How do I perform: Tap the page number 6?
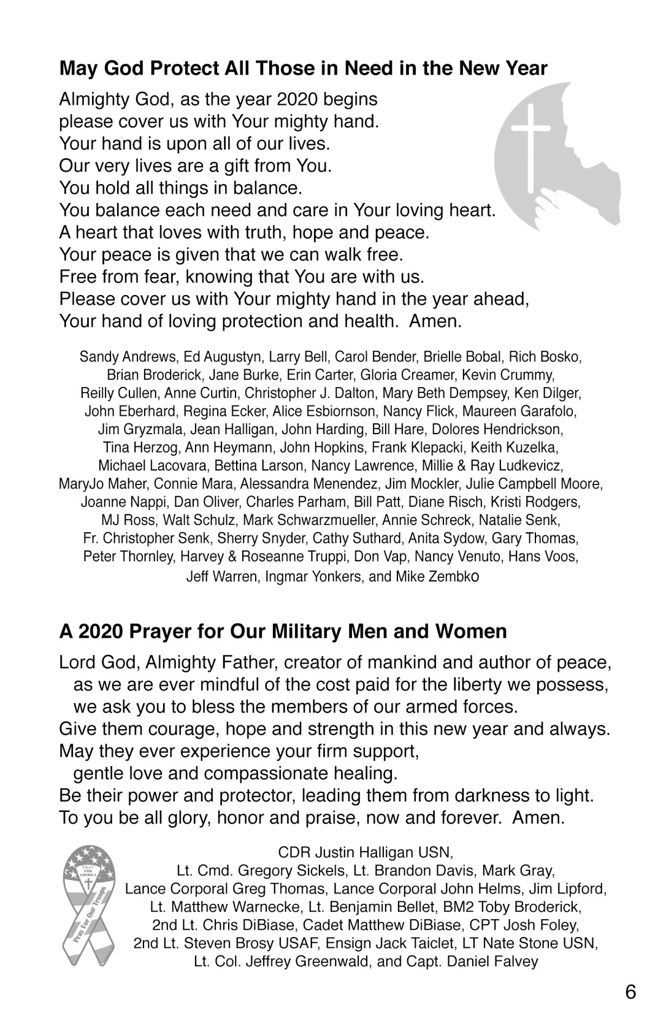pyautogui.click(x=630, y=992)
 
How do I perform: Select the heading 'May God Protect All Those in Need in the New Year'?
pyautogui.click(x=303, y=68)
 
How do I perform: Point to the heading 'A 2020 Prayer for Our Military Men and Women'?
pyautogui.click(x=283, y=631)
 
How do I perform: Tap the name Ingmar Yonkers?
pyautogui.click(x=313, y=576)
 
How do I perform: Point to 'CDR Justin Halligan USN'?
pyautogui.click(x=366, y=852)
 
